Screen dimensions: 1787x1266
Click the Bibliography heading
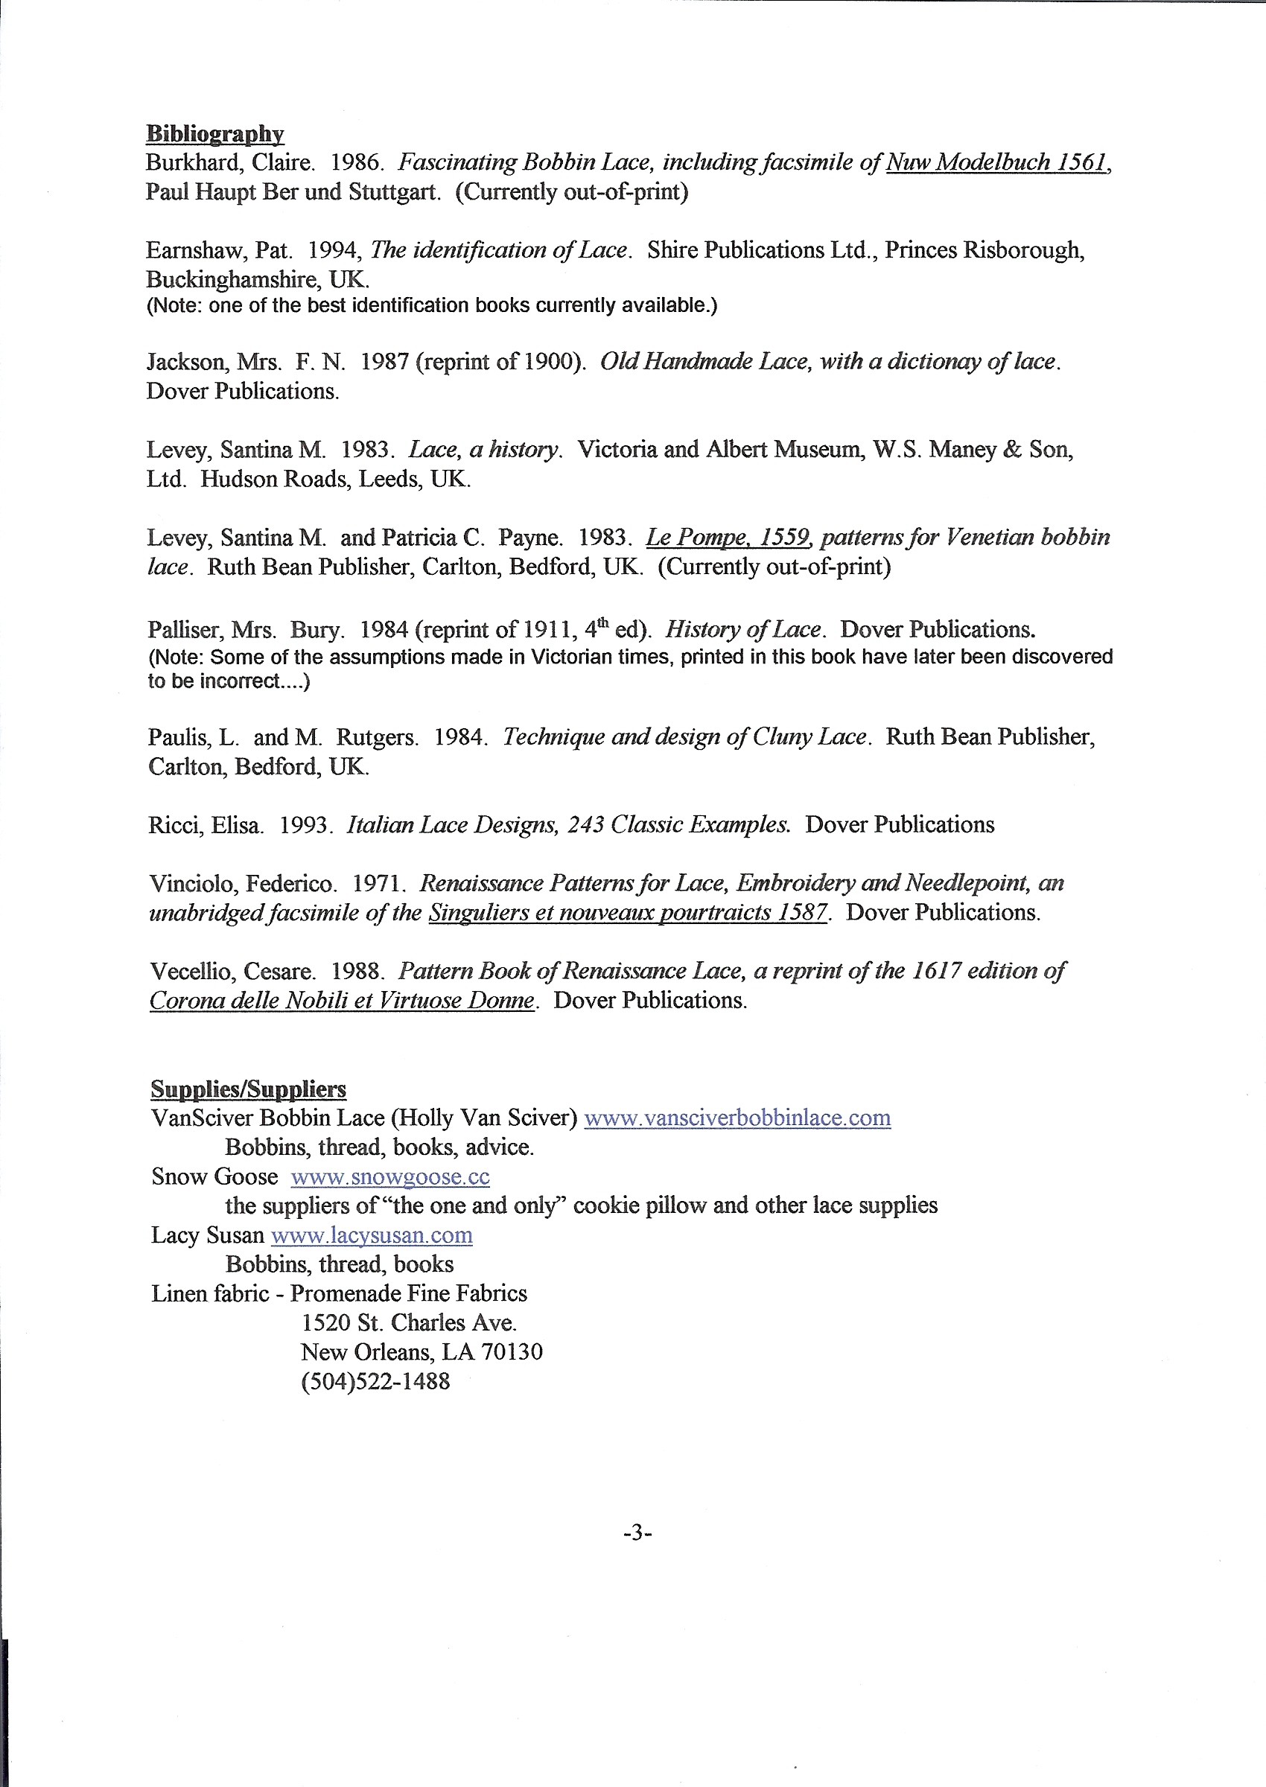pyautogui.click(x=214, y=133)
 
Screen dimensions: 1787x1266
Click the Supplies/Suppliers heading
pyautogui.click(x=248, y=1089)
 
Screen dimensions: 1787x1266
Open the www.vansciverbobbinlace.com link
pyautogui.click(x=737, y=1118)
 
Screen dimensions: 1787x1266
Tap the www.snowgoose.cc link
pyautogui.click(x=389, y=1176)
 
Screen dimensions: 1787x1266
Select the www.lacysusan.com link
pyautogui.click(x=371, y=1235)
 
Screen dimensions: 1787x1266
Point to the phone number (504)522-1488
pyautogui.click(x=375, y=1382)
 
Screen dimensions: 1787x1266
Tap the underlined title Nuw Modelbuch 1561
pyautogui.click(x=997, y=163)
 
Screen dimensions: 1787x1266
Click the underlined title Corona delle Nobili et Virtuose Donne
pyautogui.click(x=341, y=1001)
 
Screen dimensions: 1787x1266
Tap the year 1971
pyautogui.click(x=378, y=884)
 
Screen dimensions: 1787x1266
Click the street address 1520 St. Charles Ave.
pyautogui.click(x=409, y=1322)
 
